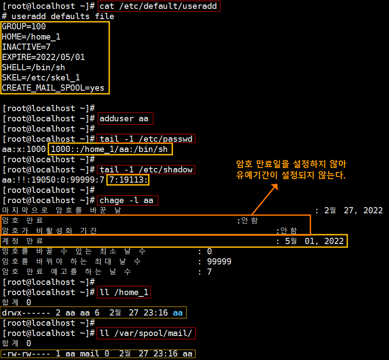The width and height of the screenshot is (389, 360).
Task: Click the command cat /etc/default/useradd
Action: coord(159,6)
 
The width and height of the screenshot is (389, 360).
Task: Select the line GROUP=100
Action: coord(24,27)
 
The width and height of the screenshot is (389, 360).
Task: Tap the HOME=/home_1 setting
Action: coord(31,37)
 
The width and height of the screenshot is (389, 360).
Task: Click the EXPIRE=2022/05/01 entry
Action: coord(43,57)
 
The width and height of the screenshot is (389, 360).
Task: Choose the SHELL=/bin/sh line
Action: coord(33,68)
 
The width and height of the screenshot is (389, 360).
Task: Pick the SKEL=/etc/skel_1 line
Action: coord(41,78)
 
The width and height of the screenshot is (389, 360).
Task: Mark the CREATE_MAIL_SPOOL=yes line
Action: coord(53,88)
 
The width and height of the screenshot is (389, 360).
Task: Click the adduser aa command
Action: coord(124,119)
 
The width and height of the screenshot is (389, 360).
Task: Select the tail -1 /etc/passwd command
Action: coord(146,139)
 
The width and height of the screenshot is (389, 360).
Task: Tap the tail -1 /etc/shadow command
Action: coord(146,170)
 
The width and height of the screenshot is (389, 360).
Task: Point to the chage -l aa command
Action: coord(127,200)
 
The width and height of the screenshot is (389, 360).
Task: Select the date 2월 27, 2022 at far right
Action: coord(353,211)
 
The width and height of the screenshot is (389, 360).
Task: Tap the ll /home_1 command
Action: coord(123,292)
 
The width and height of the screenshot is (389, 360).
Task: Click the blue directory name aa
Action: coord(178,313)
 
